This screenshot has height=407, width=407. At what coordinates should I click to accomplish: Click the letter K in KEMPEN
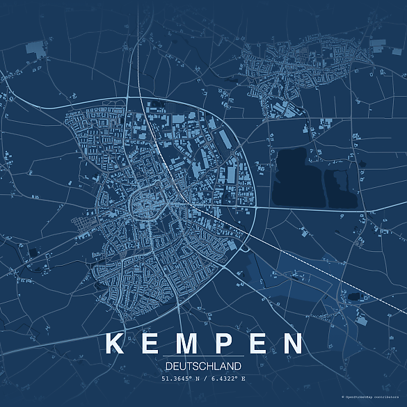114,344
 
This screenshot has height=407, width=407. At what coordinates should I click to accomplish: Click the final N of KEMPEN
294,344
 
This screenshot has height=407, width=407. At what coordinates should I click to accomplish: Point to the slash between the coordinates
202,378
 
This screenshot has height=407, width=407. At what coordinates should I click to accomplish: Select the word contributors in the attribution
390,396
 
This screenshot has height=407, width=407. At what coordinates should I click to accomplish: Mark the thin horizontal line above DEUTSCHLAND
203,356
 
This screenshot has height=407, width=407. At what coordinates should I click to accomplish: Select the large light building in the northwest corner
34,48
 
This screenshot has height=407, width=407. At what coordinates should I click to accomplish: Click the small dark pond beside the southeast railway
354,296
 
